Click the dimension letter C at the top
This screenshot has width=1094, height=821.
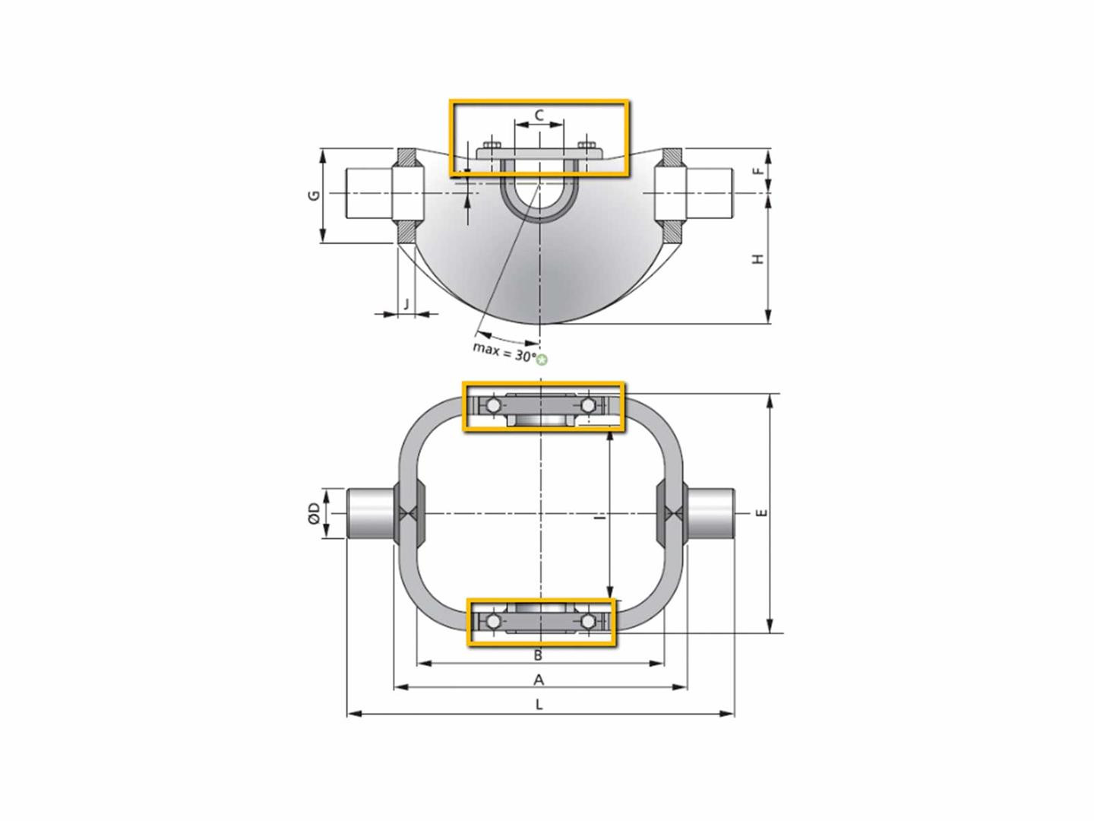pyautogui.click(x=539, y=116)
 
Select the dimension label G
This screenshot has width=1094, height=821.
pyautogui.click(x=314, y=195)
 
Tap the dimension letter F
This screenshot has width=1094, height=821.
pyautogui.click(x=758, y=170)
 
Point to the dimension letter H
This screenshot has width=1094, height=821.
pyautogui.click(x=758, y=258)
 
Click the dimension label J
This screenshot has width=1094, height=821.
pyautogui.click(x=406, y=303)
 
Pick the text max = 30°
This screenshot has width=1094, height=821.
pyautogui.click(x=504, y=352)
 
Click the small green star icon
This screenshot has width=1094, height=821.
pyautogui.click(x=542, y=359)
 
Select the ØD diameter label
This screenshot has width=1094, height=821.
pyautogui.click(x=314, y=513)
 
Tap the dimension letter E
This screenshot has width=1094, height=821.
pyautogui.click(x=761, y=513)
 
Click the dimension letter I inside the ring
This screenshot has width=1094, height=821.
pyautogui.click(x=601, y=518)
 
